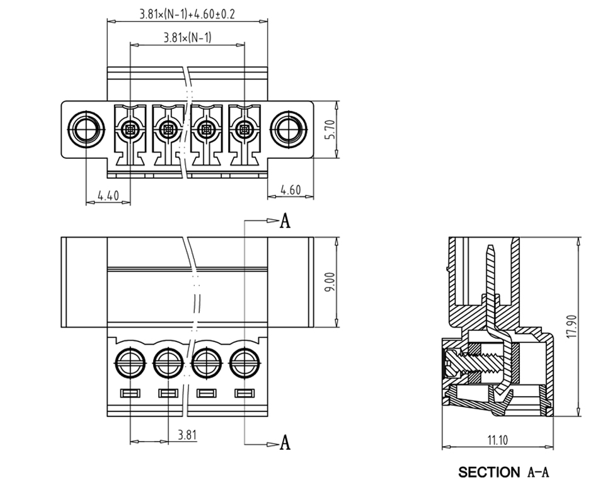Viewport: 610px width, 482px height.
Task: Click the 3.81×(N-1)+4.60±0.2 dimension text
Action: pos(187,14)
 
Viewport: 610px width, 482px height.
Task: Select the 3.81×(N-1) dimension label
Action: pos(187,38)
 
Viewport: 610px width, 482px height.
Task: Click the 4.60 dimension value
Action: pos(291,190)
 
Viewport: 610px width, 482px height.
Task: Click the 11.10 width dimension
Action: pos(498,440)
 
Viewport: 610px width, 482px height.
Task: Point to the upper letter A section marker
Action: pos(285,221)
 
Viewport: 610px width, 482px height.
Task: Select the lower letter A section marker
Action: pos(285,443)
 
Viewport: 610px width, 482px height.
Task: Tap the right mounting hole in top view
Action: pos(289,130)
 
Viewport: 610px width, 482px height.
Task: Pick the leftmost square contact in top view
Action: pos(130,130)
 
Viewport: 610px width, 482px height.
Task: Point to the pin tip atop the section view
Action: pos(490,249)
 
